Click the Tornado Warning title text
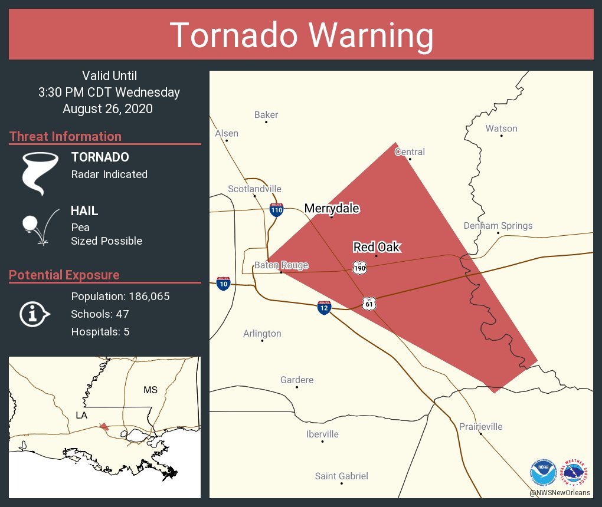301,35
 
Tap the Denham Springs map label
498,226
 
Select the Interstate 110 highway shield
276,209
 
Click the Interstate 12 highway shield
323,307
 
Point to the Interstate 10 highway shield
223,284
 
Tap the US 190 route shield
359,268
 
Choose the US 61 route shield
369,304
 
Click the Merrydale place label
331,208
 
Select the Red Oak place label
377,247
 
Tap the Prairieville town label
480,426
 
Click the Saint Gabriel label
341,476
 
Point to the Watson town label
501,129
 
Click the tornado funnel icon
40,172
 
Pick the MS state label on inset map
150,390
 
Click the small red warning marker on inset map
104,426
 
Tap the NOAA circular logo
543,472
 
